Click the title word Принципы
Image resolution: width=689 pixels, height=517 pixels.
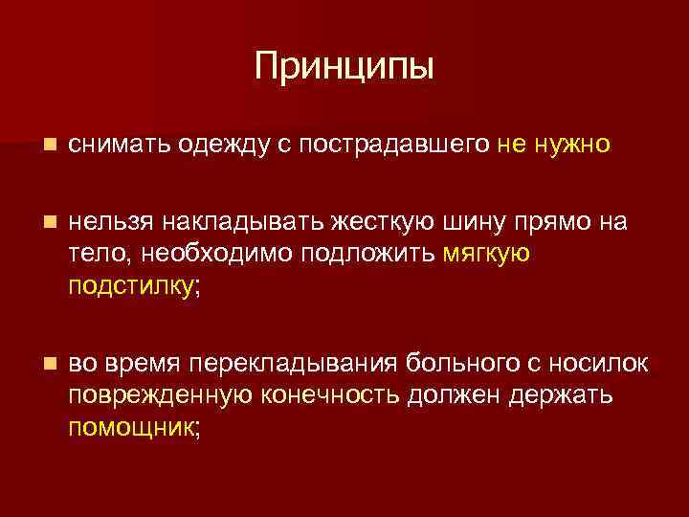tap(344, 66)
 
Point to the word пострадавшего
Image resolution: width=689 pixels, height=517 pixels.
tap(395, 145)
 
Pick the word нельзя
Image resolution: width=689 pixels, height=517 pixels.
tap(116, 223)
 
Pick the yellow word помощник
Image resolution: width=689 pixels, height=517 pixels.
tap(131, 426)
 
